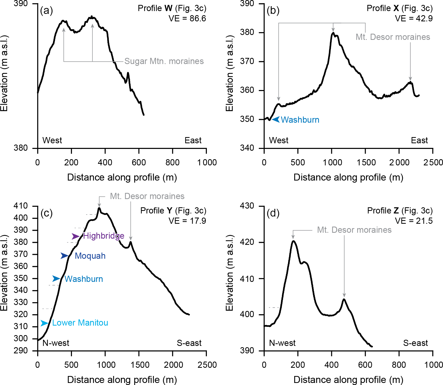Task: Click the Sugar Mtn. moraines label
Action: click(x=164, y=61)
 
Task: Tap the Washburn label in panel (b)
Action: click(x=300, y=120)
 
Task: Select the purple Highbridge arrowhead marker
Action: click(x=75, y=236)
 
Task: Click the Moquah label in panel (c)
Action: click(x=90, y=256)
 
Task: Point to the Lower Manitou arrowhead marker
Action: click(x=44, y=323)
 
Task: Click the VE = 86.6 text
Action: click(x=187, y=19)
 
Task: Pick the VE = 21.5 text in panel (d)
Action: click(x=414, y=221)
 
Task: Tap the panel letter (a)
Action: click(x=47, y=11)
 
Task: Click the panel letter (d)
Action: click(x=273, y=213)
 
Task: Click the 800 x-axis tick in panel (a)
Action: click(x=172, y=163)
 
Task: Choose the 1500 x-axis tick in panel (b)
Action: click(x=366, y=163)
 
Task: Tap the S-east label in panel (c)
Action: click(x=189, y=343)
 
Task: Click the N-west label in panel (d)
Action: click(x=282, y=343)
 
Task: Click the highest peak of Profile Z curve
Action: click(x=293, y=241)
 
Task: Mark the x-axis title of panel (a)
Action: click(x=122, y=177)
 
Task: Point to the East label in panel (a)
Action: click(x=193, y=140)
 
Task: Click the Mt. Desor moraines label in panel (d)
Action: click(x=354, y=230)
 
